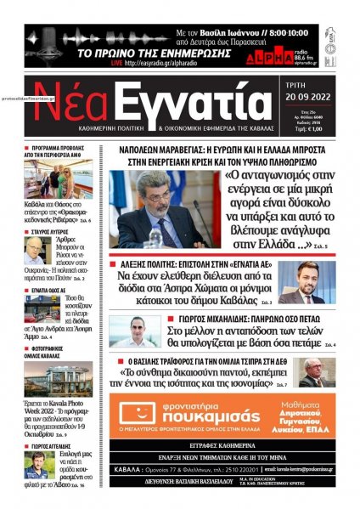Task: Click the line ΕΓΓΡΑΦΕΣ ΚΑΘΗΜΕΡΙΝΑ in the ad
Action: [x=233, y=444]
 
